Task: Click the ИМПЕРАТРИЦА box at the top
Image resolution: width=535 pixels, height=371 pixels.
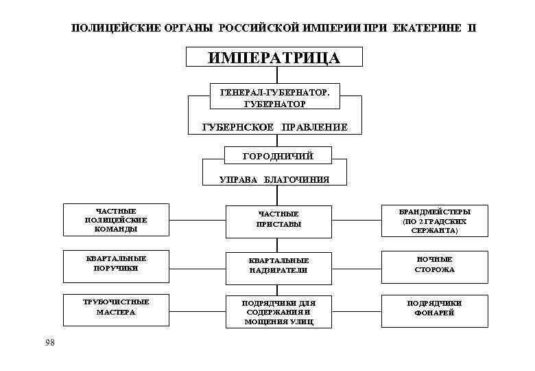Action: click(274, 56)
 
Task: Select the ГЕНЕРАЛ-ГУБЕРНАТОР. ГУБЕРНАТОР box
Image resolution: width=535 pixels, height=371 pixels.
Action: click(274, 97)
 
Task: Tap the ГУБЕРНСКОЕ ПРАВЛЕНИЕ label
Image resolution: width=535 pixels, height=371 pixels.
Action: click(274, 127)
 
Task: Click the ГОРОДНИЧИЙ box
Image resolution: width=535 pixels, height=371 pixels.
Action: click(278, 156)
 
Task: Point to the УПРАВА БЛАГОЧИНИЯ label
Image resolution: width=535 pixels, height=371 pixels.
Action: click(274, 180)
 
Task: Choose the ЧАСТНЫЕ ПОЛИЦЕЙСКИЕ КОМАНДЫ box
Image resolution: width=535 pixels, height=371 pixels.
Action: click(106, 220)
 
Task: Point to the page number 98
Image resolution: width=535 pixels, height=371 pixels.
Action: click(49, 342)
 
